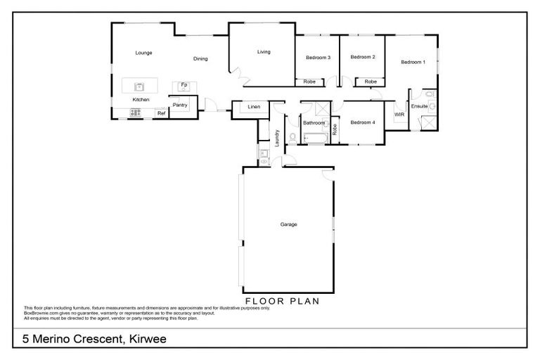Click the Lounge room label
tap(143, 53)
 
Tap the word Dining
tap(200, 58)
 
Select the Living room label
tap(263, 51)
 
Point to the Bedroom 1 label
tap(413, 63)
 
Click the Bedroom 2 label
tap(362, 57)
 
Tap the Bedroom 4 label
tap(363, 122)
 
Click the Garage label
tap(288, 224)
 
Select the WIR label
tap(399, 114)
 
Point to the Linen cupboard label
tap(254, 108)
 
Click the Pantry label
tap(179, 105)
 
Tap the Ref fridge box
tap(161, 113)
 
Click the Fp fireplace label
tap(184, 85)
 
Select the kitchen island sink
tap(139, 86)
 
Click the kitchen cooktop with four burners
tap(136, 112)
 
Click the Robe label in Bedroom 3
tap(309, 82)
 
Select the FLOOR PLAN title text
tap(282, 301)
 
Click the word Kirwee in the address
tap(147, 339)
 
